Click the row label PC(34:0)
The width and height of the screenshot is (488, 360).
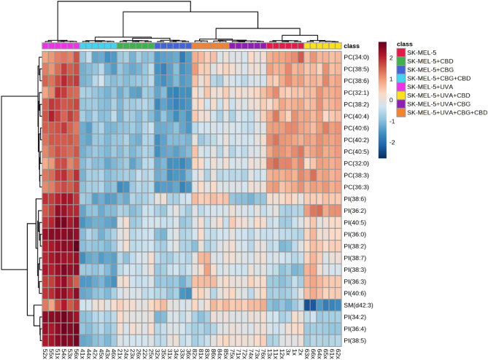tap(357, 57)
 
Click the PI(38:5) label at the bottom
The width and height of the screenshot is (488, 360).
tap(357, 340)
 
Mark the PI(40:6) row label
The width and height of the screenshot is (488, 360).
tap(357, 291)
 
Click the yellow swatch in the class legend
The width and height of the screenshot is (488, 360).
tap(400, 93)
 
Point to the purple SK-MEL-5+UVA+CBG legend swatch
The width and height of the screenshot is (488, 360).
tap(400, 103)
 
